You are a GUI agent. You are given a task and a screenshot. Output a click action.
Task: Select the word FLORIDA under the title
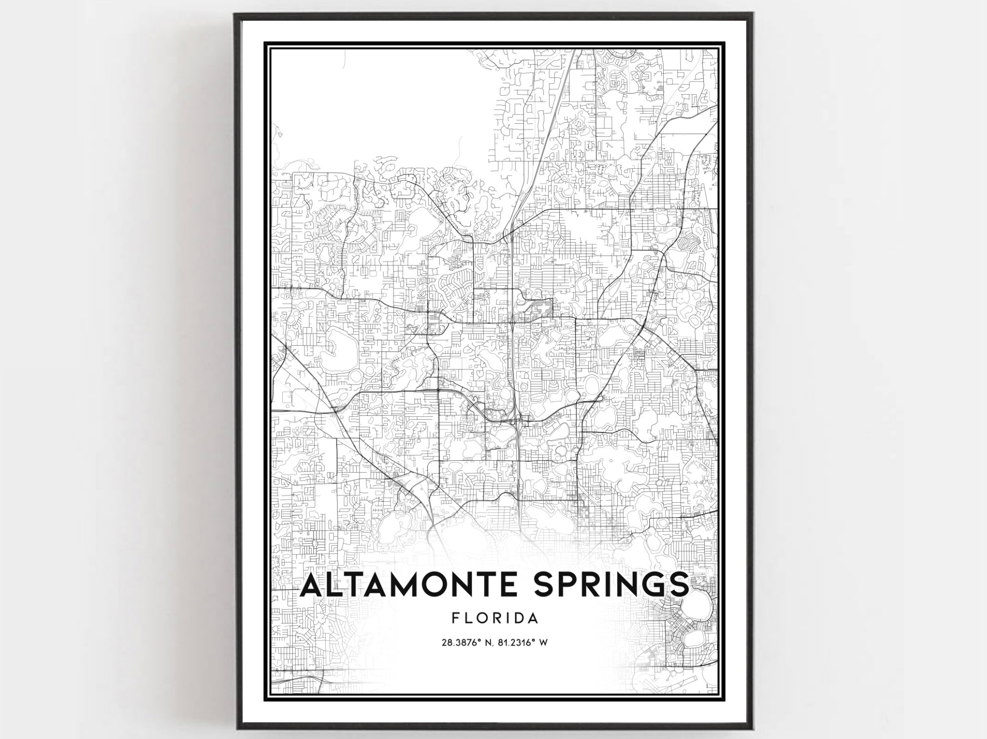point(494,618)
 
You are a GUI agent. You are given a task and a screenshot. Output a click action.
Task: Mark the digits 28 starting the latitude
point(446,643)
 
